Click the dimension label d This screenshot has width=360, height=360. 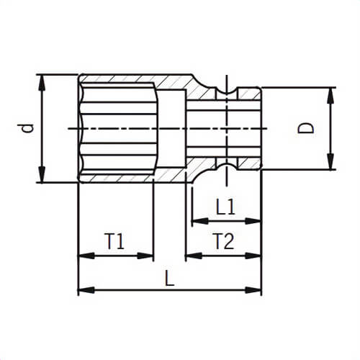tap(27, 127)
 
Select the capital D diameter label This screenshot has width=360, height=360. tap(307, 128)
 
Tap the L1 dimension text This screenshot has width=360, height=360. tap(225, 207)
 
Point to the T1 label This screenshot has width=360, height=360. tap(115, 241)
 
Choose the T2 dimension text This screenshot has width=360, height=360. tap(223, 241)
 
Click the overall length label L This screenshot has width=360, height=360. tap(169, 277)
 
